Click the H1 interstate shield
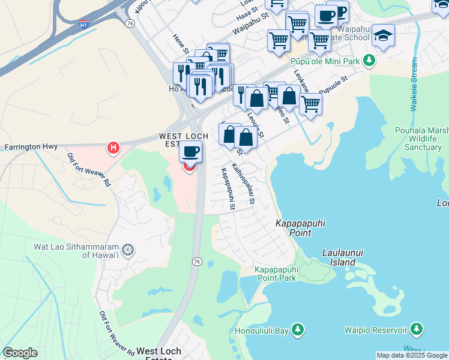(85, 25)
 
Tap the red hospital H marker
(112, 147)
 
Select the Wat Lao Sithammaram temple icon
(127, 250)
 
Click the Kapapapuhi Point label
(300, 227)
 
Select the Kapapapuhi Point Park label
(276, 274)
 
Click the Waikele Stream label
(414, 85)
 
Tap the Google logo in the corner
(20, 353)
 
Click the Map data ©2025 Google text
(412, 355)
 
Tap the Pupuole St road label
(333, 85)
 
